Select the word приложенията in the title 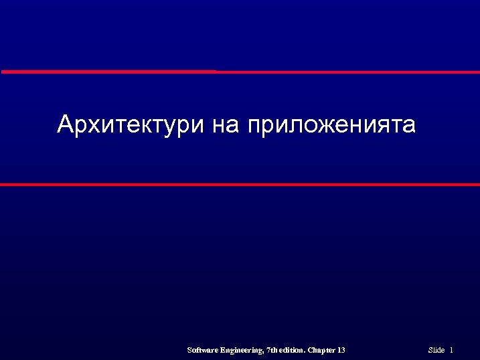tap(331, 125)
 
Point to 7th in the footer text tap(273, 350)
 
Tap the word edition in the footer tap(293, 350)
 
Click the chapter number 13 tap(341, 350)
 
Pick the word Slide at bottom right tap(436, 350)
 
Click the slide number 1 tap(452, 350)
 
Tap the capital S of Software tap(190, 350)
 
